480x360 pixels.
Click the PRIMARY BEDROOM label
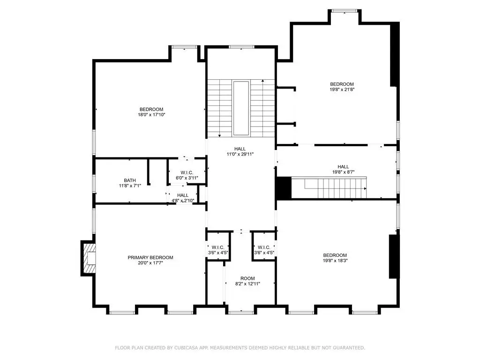coord(150,257)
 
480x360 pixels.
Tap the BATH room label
coord(130,180)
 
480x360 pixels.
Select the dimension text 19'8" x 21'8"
coord(342,90)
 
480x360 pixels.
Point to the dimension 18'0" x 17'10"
coord(151,115)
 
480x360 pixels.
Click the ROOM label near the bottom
coord(247,278)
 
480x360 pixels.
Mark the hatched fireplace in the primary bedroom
coord(88,258)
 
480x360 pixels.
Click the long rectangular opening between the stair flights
coord(241,108)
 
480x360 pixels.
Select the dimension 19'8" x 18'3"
coord(335,261)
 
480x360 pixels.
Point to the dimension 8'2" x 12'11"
coord(247,284)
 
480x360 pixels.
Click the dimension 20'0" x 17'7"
coord(150,262)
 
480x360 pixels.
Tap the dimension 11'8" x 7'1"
coord(130,186)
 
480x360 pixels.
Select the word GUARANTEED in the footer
coord(349,348)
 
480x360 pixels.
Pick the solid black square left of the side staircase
coord(284,188)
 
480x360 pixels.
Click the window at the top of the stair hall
coord(241,47)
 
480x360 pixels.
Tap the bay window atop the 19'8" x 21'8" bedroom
coord(345,11)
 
